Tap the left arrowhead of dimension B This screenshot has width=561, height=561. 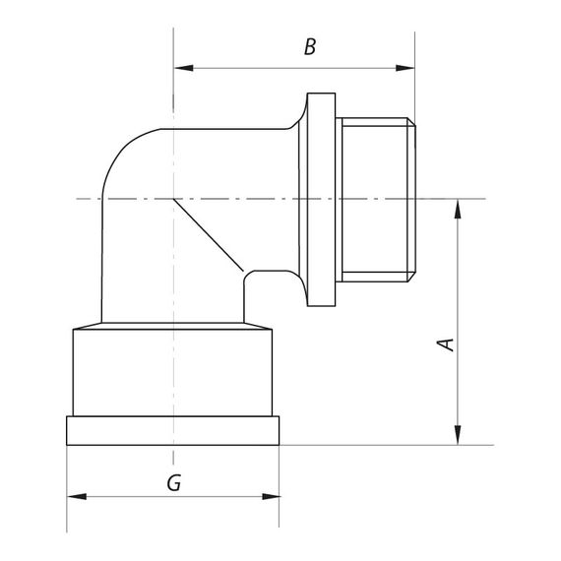(x=181, y=69)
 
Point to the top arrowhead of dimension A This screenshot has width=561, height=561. (x=458, y=208)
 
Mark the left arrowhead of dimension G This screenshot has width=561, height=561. (x=75, y=496)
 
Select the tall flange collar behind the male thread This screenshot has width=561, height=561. (x=322, y=199)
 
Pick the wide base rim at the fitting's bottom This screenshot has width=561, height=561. (x=173, y=430)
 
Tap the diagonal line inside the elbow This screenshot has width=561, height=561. (x=207, y=234)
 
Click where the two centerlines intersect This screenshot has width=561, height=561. (x=173, y=199)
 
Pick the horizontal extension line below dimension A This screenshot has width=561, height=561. (x=394, y=445)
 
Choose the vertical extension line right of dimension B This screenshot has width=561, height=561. (x=413, y=79)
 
